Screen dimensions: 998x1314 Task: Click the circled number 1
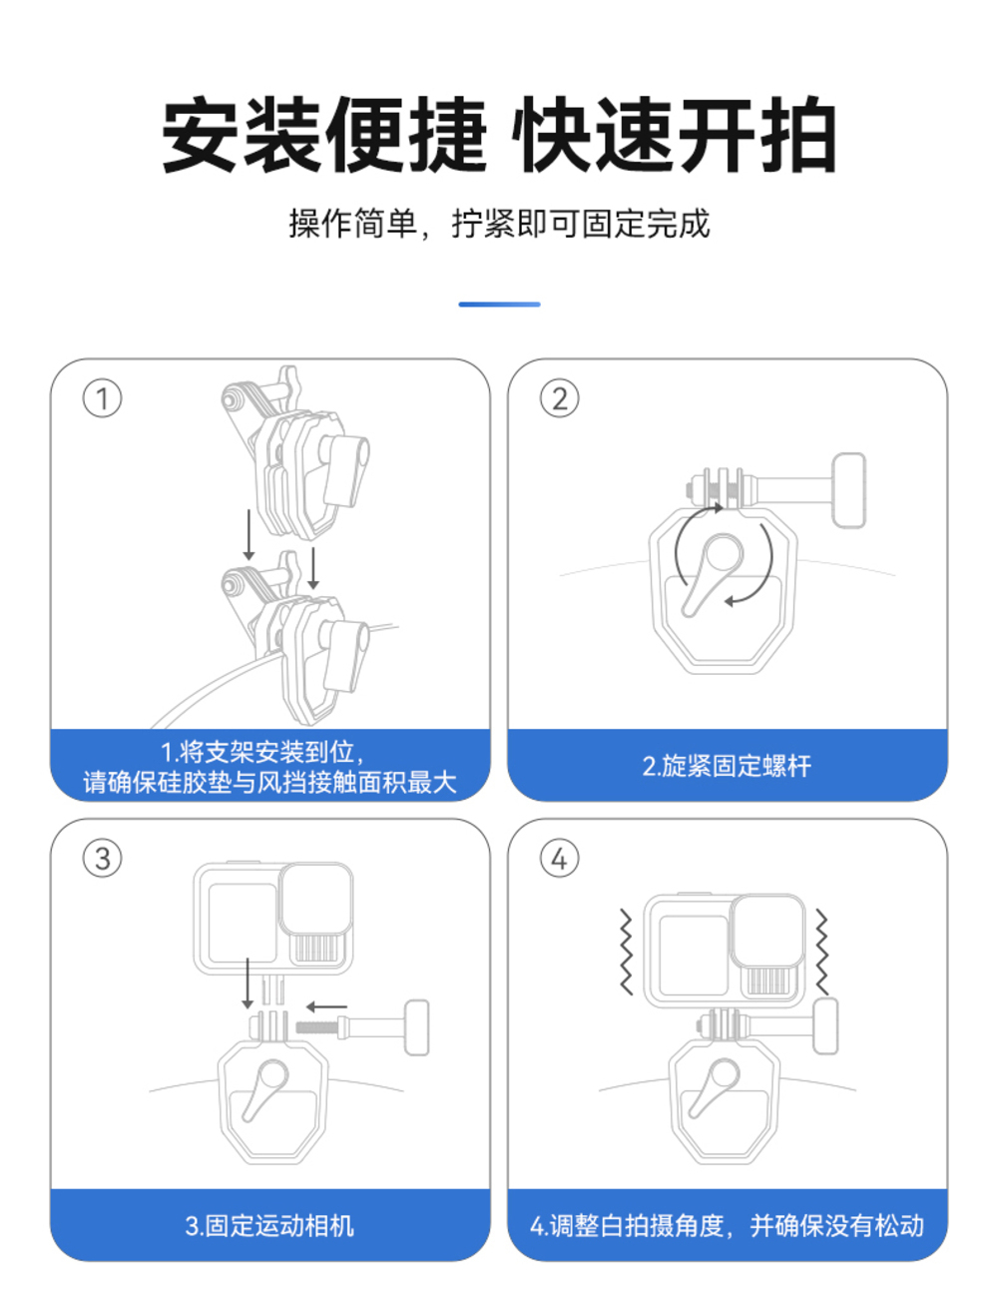(x=102, y=398)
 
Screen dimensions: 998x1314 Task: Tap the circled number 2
(x=559, y=398)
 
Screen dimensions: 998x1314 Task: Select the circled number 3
(x=102, y=858)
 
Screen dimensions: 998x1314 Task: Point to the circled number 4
(x=559, y=858)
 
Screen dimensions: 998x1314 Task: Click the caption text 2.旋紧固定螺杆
(x=727, y=766)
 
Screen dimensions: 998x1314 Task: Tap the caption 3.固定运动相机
(x=269, y=1225)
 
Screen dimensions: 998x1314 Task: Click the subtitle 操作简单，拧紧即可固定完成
(x=499, y=224)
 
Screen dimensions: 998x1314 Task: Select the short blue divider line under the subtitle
(x=499, y=305)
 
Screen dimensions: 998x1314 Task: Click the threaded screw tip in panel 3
(x=317, y=1027)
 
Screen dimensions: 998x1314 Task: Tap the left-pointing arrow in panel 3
(x=326, y=1006)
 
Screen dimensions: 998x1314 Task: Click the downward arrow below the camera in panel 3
(x=248, y=984)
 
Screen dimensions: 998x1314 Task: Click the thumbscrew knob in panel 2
(x=849, y=490)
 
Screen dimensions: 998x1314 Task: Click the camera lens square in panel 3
(x=316, y=899)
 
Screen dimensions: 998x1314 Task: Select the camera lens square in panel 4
(x=768, y=931)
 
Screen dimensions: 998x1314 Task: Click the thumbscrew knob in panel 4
(x=825, y=1025)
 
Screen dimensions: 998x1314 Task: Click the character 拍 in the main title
(x=798, y=135)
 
